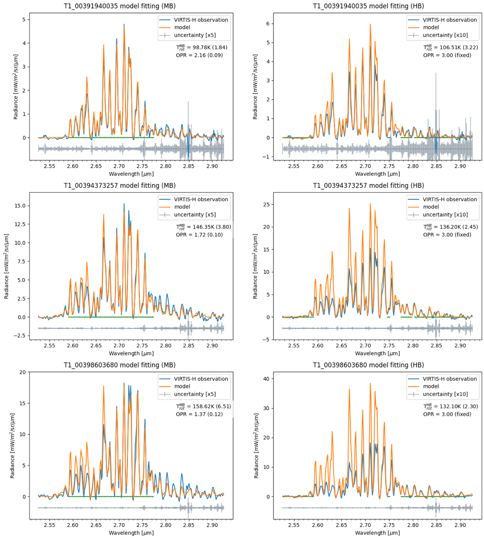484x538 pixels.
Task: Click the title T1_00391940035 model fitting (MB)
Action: coord(119,6)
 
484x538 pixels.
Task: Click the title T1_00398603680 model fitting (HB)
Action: coord(368,365)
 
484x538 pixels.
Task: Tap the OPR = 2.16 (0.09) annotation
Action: coord(199,55)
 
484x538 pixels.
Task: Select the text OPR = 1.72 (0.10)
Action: coord(199,234)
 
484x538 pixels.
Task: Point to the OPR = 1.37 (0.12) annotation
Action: coord(199,414)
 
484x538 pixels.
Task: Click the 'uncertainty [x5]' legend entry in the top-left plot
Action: coord(195,35)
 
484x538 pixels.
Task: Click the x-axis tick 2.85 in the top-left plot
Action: coord(189,166)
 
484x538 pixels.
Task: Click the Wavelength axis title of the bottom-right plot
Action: coord(377,533)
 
